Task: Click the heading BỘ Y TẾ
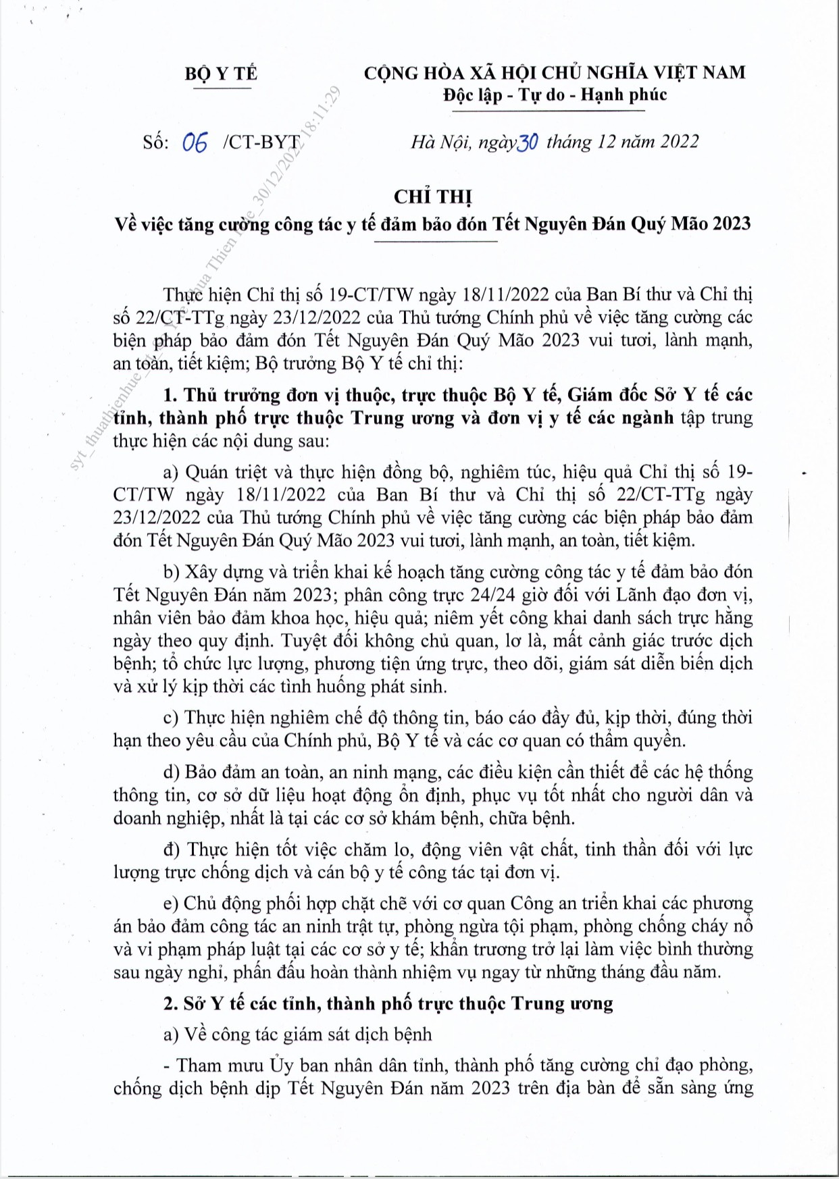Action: click(x=221, y=73)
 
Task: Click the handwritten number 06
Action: click(x=195, y=142)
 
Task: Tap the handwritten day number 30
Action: click(x=527, y=142)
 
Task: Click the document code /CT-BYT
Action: click(x=261, y=142)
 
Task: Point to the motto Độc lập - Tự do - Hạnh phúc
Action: click(x=555, y=95)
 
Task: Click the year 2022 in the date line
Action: click(x=679, y=141)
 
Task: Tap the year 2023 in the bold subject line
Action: click(x=730, y=224)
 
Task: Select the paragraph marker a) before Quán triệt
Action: click(x=171, y=471)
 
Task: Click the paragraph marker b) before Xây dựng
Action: click(x=172, y=572)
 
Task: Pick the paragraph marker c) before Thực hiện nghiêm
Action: click(x=171, y=717)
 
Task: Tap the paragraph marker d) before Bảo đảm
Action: click(x=172, y=772)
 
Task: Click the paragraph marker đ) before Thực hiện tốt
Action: click(x=172, y=849)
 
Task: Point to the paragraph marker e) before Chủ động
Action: click(x=171, y=903)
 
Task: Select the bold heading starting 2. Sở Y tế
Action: click(x=388, y=1003)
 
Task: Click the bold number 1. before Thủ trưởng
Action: click(x=170, y=395)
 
